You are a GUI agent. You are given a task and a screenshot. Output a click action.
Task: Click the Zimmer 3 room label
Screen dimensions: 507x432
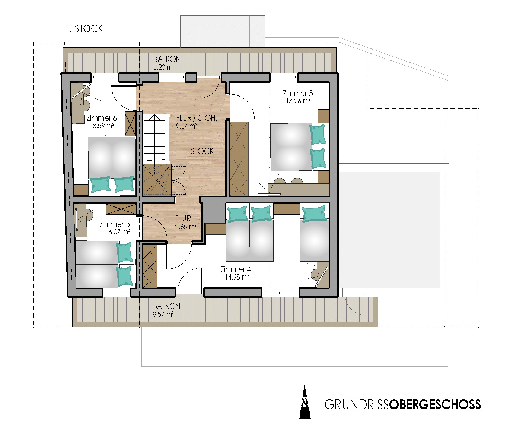point(298,93)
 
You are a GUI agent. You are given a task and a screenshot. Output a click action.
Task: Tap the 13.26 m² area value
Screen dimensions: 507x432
point(298,101)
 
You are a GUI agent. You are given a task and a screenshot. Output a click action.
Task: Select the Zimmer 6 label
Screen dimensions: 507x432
point(102,118)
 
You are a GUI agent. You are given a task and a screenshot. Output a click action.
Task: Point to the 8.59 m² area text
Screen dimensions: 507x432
point(103,126)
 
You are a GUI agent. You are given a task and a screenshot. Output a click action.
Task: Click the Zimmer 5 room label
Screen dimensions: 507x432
point(114,224)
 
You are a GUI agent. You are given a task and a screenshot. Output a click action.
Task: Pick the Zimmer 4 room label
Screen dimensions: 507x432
point(236,269)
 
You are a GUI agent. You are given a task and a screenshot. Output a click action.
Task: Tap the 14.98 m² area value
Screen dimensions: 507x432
point(237,277)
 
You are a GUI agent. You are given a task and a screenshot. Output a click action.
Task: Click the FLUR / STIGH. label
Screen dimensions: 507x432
point(197,118)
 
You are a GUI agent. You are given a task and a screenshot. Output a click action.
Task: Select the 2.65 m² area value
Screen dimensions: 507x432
point(186,227)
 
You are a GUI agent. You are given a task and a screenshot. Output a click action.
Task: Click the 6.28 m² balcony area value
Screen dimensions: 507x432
point(164,67)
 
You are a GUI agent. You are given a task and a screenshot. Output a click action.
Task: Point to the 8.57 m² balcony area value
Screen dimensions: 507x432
point(163,314)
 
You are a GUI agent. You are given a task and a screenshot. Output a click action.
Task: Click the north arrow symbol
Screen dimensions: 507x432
point(305,402)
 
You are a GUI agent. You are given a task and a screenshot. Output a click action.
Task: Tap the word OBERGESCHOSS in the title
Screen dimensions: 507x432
point(435,404)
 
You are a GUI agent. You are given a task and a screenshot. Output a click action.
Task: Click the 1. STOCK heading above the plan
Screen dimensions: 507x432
point(84,29)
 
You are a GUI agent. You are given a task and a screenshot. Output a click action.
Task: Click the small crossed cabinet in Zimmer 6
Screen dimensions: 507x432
point(131,124)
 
